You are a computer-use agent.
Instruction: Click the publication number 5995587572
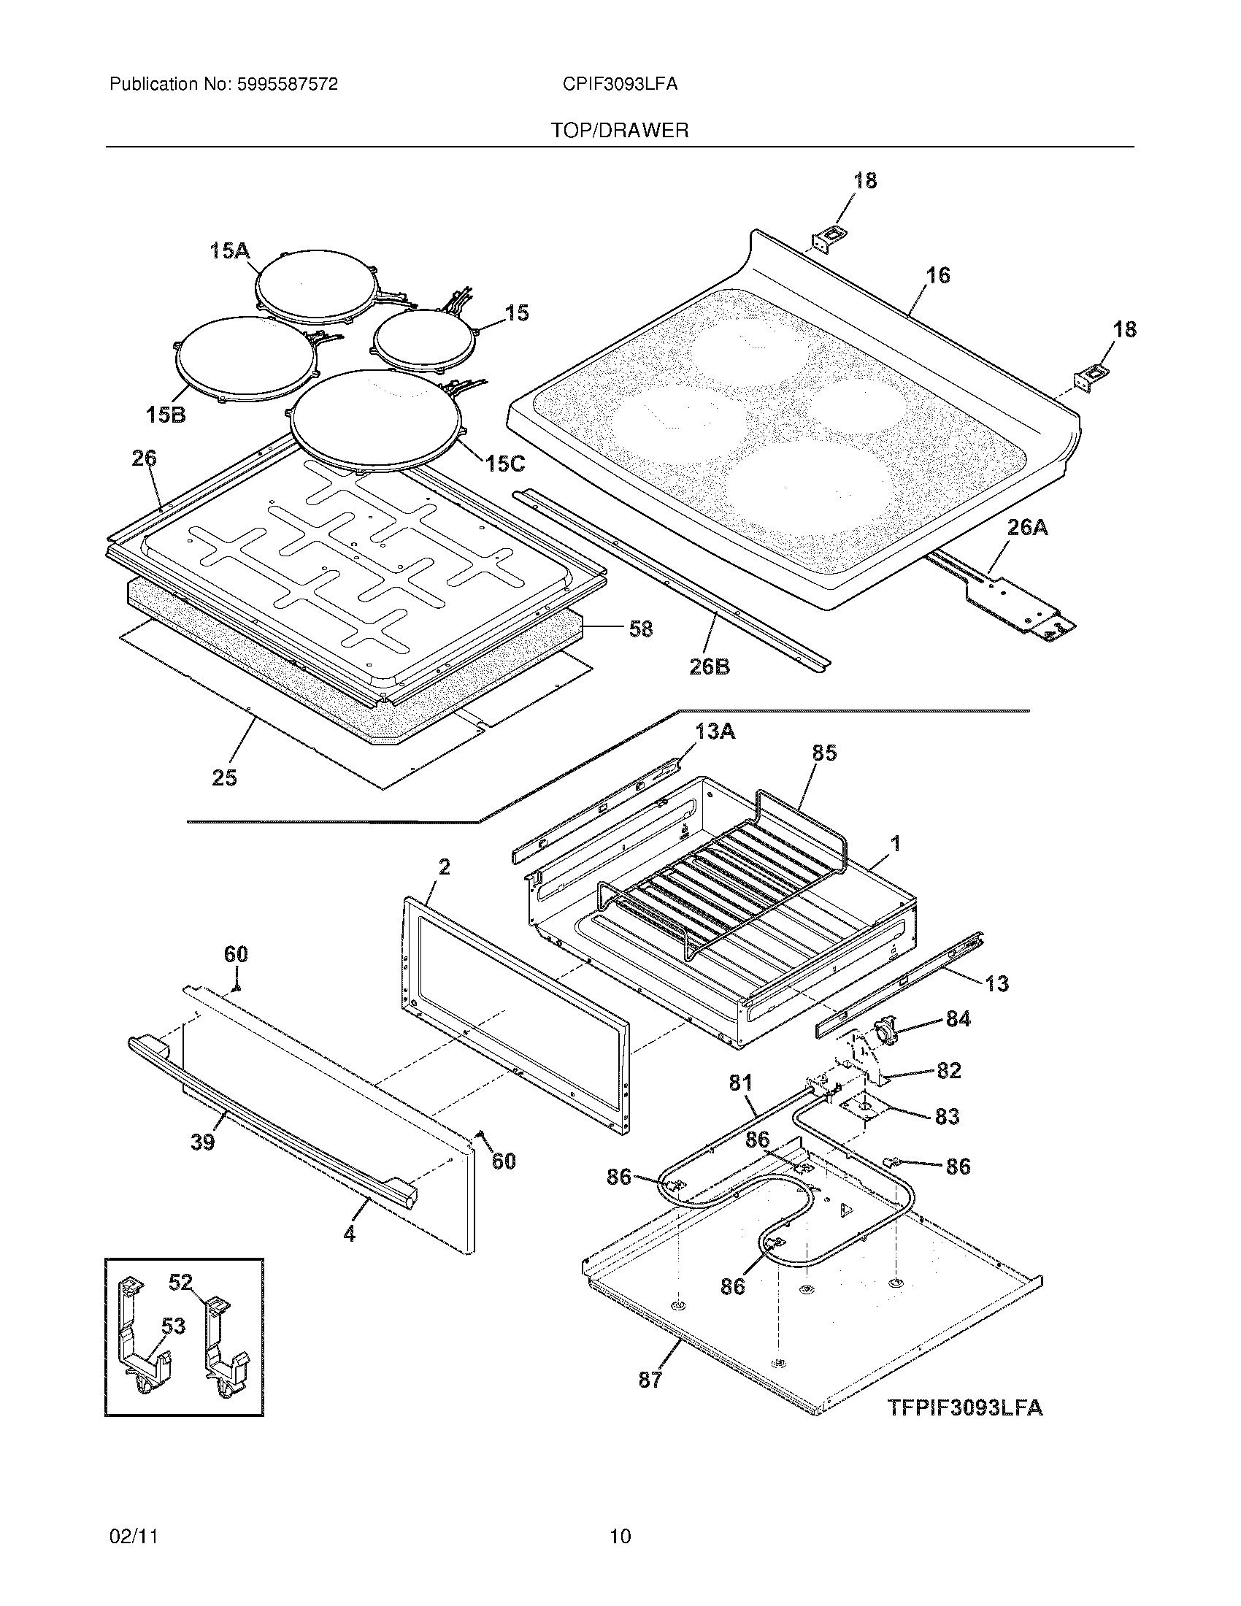coord(287,85)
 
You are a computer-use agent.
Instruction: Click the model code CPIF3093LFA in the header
coord(620,85)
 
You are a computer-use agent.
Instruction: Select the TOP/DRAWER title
coord(620,131)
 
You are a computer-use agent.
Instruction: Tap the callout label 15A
coord(229,252)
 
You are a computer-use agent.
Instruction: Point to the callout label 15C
coord(504,464)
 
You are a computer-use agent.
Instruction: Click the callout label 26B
coord(709,667)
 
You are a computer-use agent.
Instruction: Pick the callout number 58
coord(641,629)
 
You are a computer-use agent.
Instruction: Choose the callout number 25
coord(225,777)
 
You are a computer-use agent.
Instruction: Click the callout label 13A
coord(715,731)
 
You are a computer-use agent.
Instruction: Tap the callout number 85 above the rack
coord(824,753)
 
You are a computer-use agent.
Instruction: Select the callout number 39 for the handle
coord(203,1142)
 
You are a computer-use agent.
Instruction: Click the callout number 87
coord(650,1380)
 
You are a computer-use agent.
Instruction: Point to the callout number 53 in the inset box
coord(173,1326)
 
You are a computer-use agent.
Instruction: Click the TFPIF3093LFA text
coord(964,1407)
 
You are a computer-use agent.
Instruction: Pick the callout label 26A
coord(1028,527)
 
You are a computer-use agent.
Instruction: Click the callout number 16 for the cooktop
coord(938,275)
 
